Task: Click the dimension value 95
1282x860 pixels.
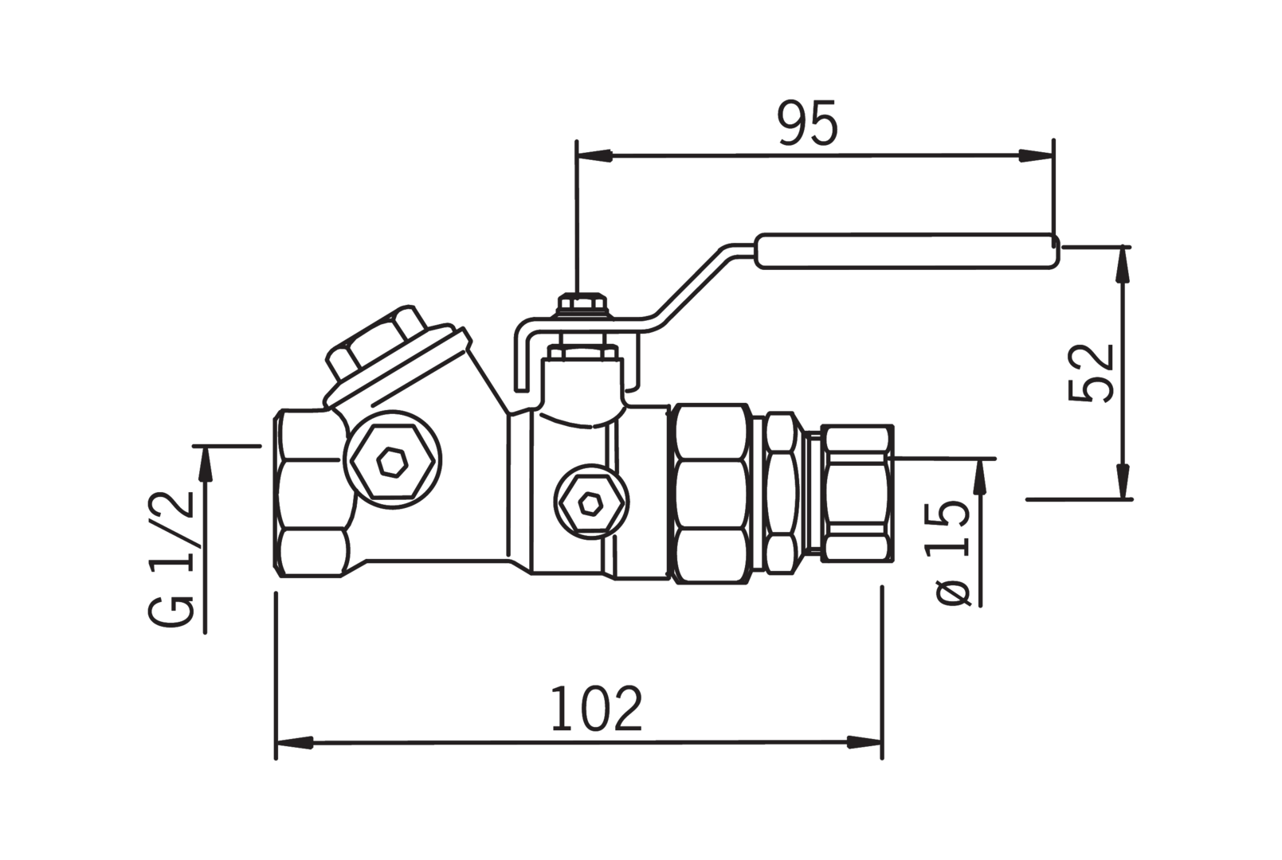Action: click(x=807, y=123)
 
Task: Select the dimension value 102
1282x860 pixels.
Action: click(x=596, y=709)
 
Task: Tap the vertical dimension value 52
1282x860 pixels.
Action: click(x=1091, y=373)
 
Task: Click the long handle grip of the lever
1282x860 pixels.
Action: click(x=908, y=251)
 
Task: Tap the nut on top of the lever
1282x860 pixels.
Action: click(x=582, y=304)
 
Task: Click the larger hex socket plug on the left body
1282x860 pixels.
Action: click(x=392, y=459)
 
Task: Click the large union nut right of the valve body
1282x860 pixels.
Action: click(x=711, y=494)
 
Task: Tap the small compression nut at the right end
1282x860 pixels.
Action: click(x=857, y=493)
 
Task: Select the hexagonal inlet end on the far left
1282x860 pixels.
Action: click(x=312, y=493)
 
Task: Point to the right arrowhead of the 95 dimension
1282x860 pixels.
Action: click(x=1035, y=155)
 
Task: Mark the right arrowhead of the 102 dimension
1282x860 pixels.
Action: click(x=864, y=742)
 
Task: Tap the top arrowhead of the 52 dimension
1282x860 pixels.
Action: click(x=1124, y=264)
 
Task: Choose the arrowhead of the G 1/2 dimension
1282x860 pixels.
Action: click(x=205, y=463)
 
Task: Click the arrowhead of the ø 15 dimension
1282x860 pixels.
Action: click(x=981, y=476)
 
